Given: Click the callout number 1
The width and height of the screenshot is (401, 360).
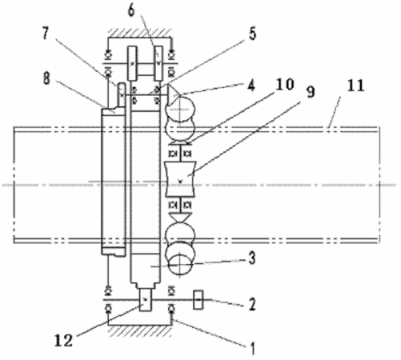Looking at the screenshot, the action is (252, 348).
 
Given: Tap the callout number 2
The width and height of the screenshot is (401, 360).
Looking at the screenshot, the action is (252, 304).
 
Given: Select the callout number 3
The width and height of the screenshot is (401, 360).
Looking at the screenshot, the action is (252, 258).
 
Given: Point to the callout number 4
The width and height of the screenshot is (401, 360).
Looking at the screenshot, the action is (251, 86).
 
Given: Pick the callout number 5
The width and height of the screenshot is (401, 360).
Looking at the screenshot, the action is (252, 34).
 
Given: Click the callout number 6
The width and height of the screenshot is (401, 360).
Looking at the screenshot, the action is (131, 10).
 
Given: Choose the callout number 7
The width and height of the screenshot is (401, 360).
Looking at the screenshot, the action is (46, 34).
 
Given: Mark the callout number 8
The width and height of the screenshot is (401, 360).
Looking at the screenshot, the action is (46, 78).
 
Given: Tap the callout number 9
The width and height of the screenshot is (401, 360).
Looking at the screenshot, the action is (311, 91).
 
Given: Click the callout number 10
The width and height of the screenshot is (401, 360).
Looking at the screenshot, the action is (285, 85).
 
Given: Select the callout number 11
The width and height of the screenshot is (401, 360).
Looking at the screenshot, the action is (356, 86).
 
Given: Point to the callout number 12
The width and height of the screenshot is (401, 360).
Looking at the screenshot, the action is (63, 341).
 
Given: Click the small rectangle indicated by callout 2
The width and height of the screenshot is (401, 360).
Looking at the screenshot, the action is (198, 300).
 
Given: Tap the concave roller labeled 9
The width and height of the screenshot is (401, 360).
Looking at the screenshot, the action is (181, 179).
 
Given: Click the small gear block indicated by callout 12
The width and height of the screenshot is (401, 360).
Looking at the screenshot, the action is (145, 300).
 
